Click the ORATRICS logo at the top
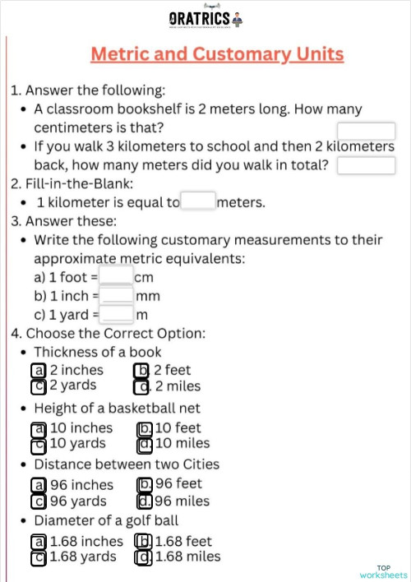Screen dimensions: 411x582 pos(205,19)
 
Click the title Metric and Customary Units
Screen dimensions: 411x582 pos(217,55)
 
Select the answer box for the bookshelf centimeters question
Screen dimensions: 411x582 pos(366,132)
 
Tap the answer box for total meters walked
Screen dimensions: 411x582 pos(366,166)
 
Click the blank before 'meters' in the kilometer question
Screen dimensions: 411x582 pos(197,201)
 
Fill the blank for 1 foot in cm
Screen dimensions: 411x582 pos(116,276)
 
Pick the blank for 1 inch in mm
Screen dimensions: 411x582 pos(117,295)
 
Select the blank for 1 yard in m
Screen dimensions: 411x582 pos(117,313)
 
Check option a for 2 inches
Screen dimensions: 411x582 pos(39,371)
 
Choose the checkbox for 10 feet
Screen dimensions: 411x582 pos(145,428)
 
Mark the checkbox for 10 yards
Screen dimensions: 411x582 pos(39,445)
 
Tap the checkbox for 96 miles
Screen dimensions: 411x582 pos(145,501)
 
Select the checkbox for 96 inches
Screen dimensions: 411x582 pos(39,485)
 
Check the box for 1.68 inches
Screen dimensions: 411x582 pos(39,542)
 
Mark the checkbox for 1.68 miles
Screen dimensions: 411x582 pos(143,557)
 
